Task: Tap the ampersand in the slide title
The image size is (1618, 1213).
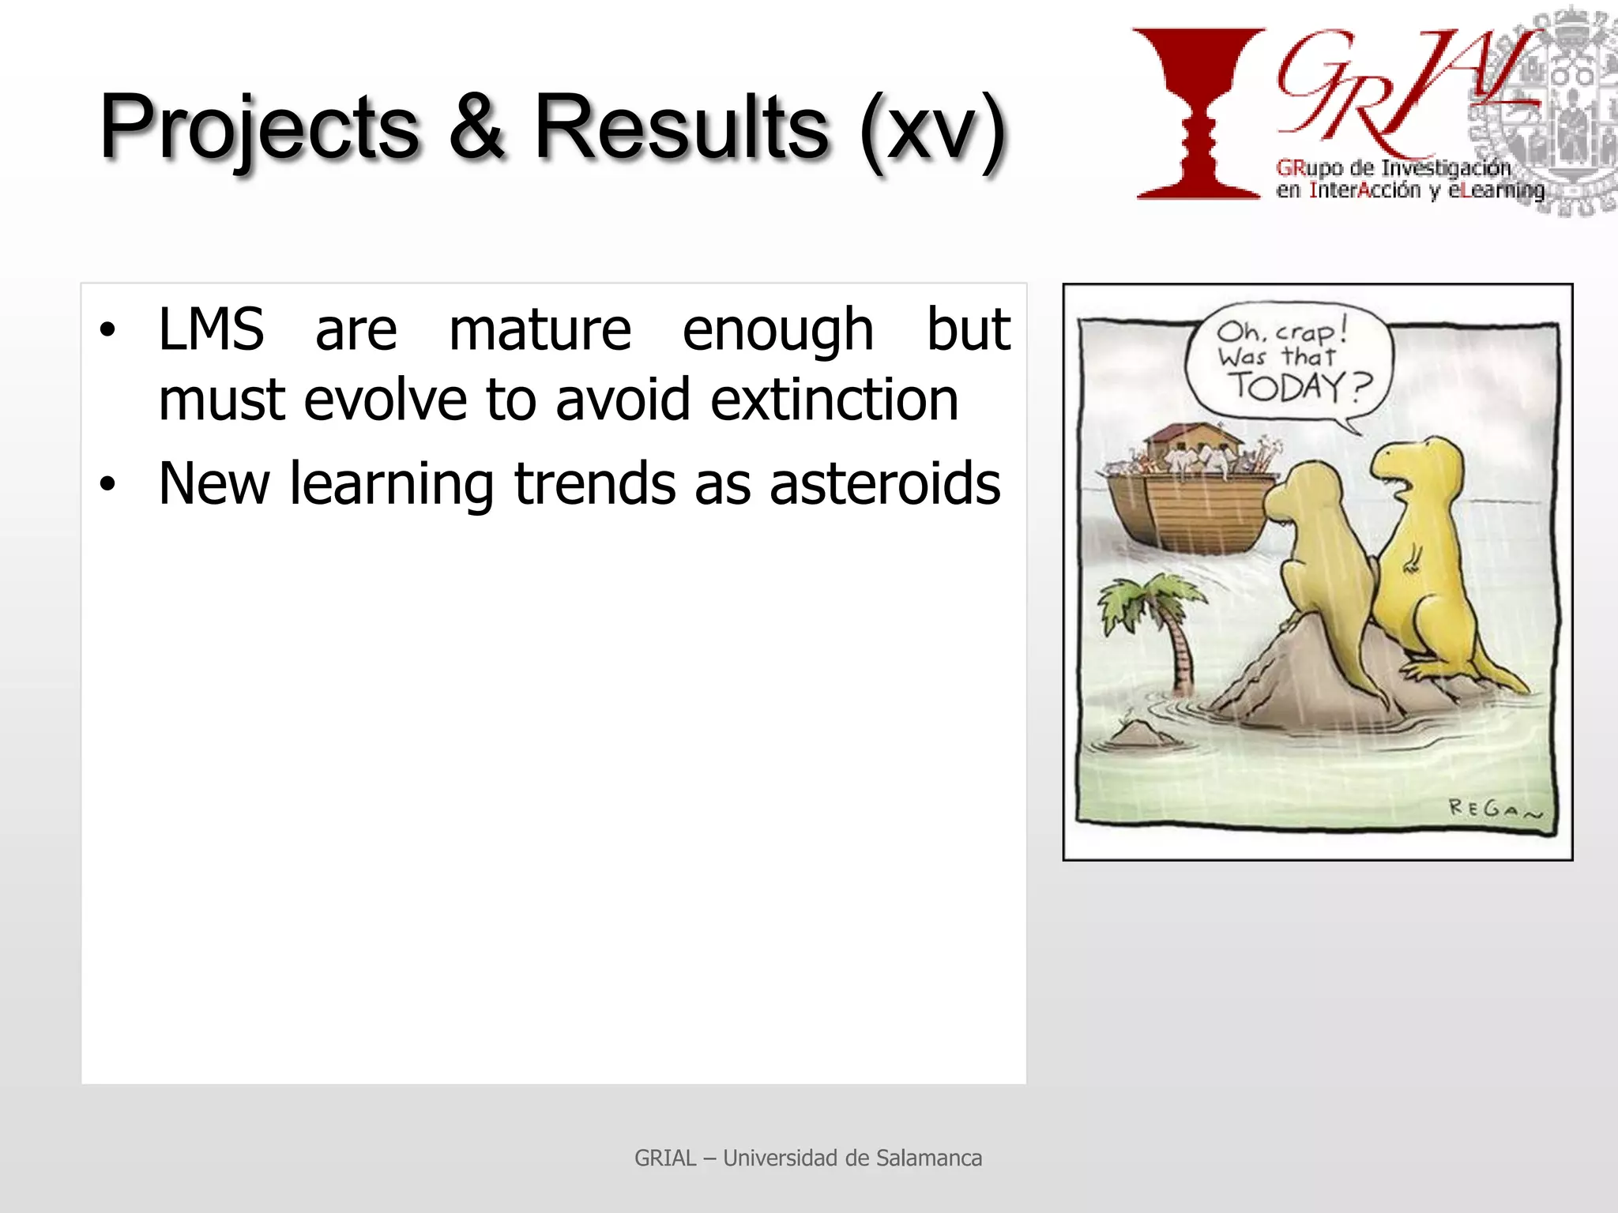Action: [x=477, y=126]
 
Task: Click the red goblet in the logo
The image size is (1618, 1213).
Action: [x=1198, y=111]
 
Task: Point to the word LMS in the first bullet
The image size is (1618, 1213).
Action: [x=211, y=329]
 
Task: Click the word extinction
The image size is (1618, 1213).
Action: [x=834, y=400]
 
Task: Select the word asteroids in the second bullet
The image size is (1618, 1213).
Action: [x=885, y=483]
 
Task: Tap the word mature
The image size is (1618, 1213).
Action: [x=540, y=329]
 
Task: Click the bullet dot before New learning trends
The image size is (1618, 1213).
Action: [x=107, y=485]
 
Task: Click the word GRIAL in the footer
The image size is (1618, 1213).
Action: [x=665, y=1159]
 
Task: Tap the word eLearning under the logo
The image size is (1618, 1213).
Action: [x=1496, y=190]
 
